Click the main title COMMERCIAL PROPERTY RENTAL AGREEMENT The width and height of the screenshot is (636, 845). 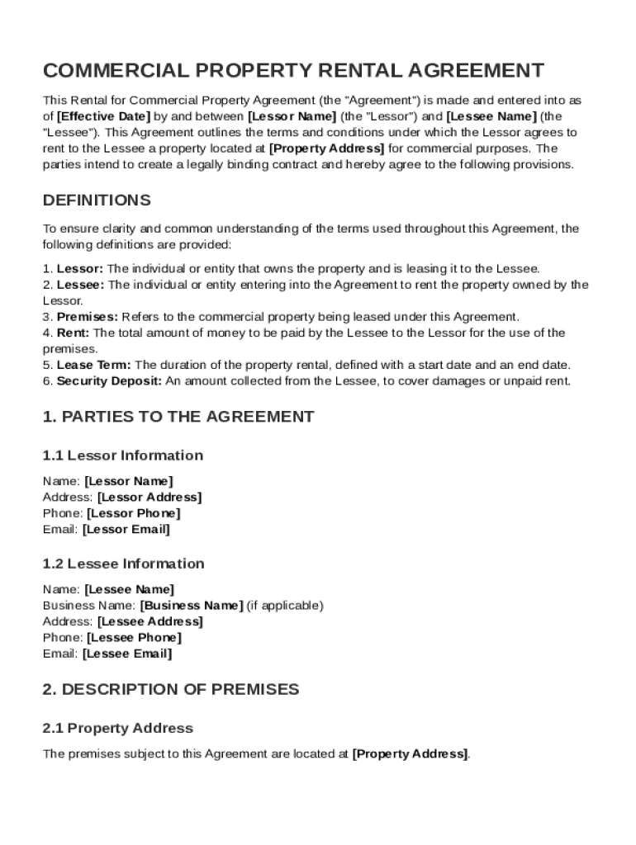[293, 70]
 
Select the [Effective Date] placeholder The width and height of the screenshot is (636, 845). [103, 116]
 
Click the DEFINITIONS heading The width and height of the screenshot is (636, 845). [97, 201]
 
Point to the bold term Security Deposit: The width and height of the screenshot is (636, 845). [109, 381]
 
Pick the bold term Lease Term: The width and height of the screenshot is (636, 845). [93, 365]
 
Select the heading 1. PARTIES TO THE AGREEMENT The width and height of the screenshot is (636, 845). [178, 417]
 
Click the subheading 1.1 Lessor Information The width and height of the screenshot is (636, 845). [122, 456]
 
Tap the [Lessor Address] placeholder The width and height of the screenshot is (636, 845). [149, 498]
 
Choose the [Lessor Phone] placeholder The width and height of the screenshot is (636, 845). [133, 513]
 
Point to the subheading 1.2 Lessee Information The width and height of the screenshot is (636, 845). [123, 564]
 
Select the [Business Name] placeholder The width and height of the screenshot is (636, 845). [192, 606]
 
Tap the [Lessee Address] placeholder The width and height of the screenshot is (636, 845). [150, 621]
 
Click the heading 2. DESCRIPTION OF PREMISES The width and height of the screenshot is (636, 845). [171, 689]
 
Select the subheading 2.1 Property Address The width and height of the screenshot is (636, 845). [117, 728]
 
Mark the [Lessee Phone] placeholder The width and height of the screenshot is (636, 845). [134, 638]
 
